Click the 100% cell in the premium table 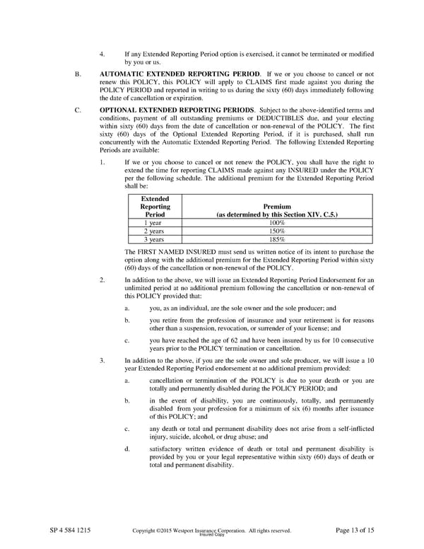click(x=278, y=223)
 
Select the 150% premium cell click(x=278, y=231)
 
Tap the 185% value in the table click(x=278, y=240)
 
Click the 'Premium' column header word click(x=277, y=207)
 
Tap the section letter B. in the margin click(x=78, y=73)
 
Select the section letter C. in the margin click(x=78, y=111)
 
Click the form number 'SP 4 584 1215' click(x=70, y=530)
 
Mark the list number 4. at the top click(x=103, y=54)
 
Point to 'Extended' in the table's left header click(x=155, y=200)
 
